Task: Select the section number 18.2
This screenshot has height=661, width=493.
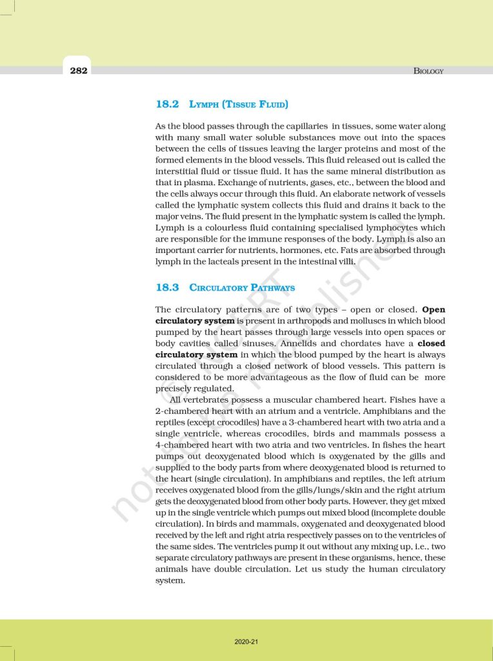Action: click(168, 103)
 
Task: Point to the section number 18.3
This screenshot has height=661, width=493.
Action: click(168, 287)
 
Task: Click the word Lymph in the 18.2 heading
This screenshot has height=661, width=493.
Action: click(205, 104)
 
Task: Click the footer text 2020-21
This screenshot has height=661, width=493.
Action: click(246, 642)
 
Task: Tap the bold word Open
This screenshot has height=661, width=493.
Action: click(433, 309)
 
